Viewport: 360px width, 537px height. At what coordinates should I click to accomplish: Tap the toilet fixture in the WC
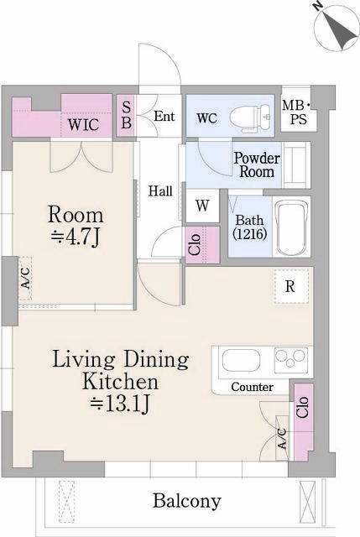251,117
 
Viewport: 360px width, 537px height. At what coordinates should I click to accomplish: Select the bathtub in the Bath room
292,227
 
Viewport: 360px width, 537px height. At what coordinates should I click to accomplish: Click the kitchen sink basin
241,360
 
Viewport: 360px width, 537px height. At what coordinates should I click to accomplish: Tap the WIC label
84,124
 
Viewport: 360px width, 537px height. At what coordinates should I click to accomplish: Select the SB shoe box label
127,116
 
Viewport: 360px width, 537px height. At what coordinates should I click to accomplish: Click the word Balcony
187,501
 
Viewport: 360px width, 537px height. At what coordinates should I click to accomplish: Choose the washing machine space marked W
202,206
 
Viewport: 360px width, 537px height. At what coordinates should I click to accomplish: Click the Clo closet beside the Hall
202,244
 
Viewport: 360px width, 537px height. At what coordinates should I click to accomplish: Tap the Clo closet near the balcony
304,421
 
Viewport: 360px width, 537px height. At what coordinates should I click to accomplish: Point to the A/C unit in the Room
25,278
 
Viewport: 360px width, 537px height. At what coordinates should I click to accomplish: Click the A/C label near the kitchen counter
282,438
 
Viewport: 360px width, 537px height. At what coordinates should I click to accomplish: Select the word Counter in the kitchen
252,387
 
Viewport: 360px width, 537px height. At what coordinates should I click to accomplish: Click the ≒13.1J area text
119,404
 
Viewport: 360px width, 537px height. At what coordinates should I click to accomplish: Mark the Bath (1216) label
250,227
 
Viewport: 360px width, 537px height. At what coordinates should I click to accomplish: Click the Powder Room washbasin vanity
296,164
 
